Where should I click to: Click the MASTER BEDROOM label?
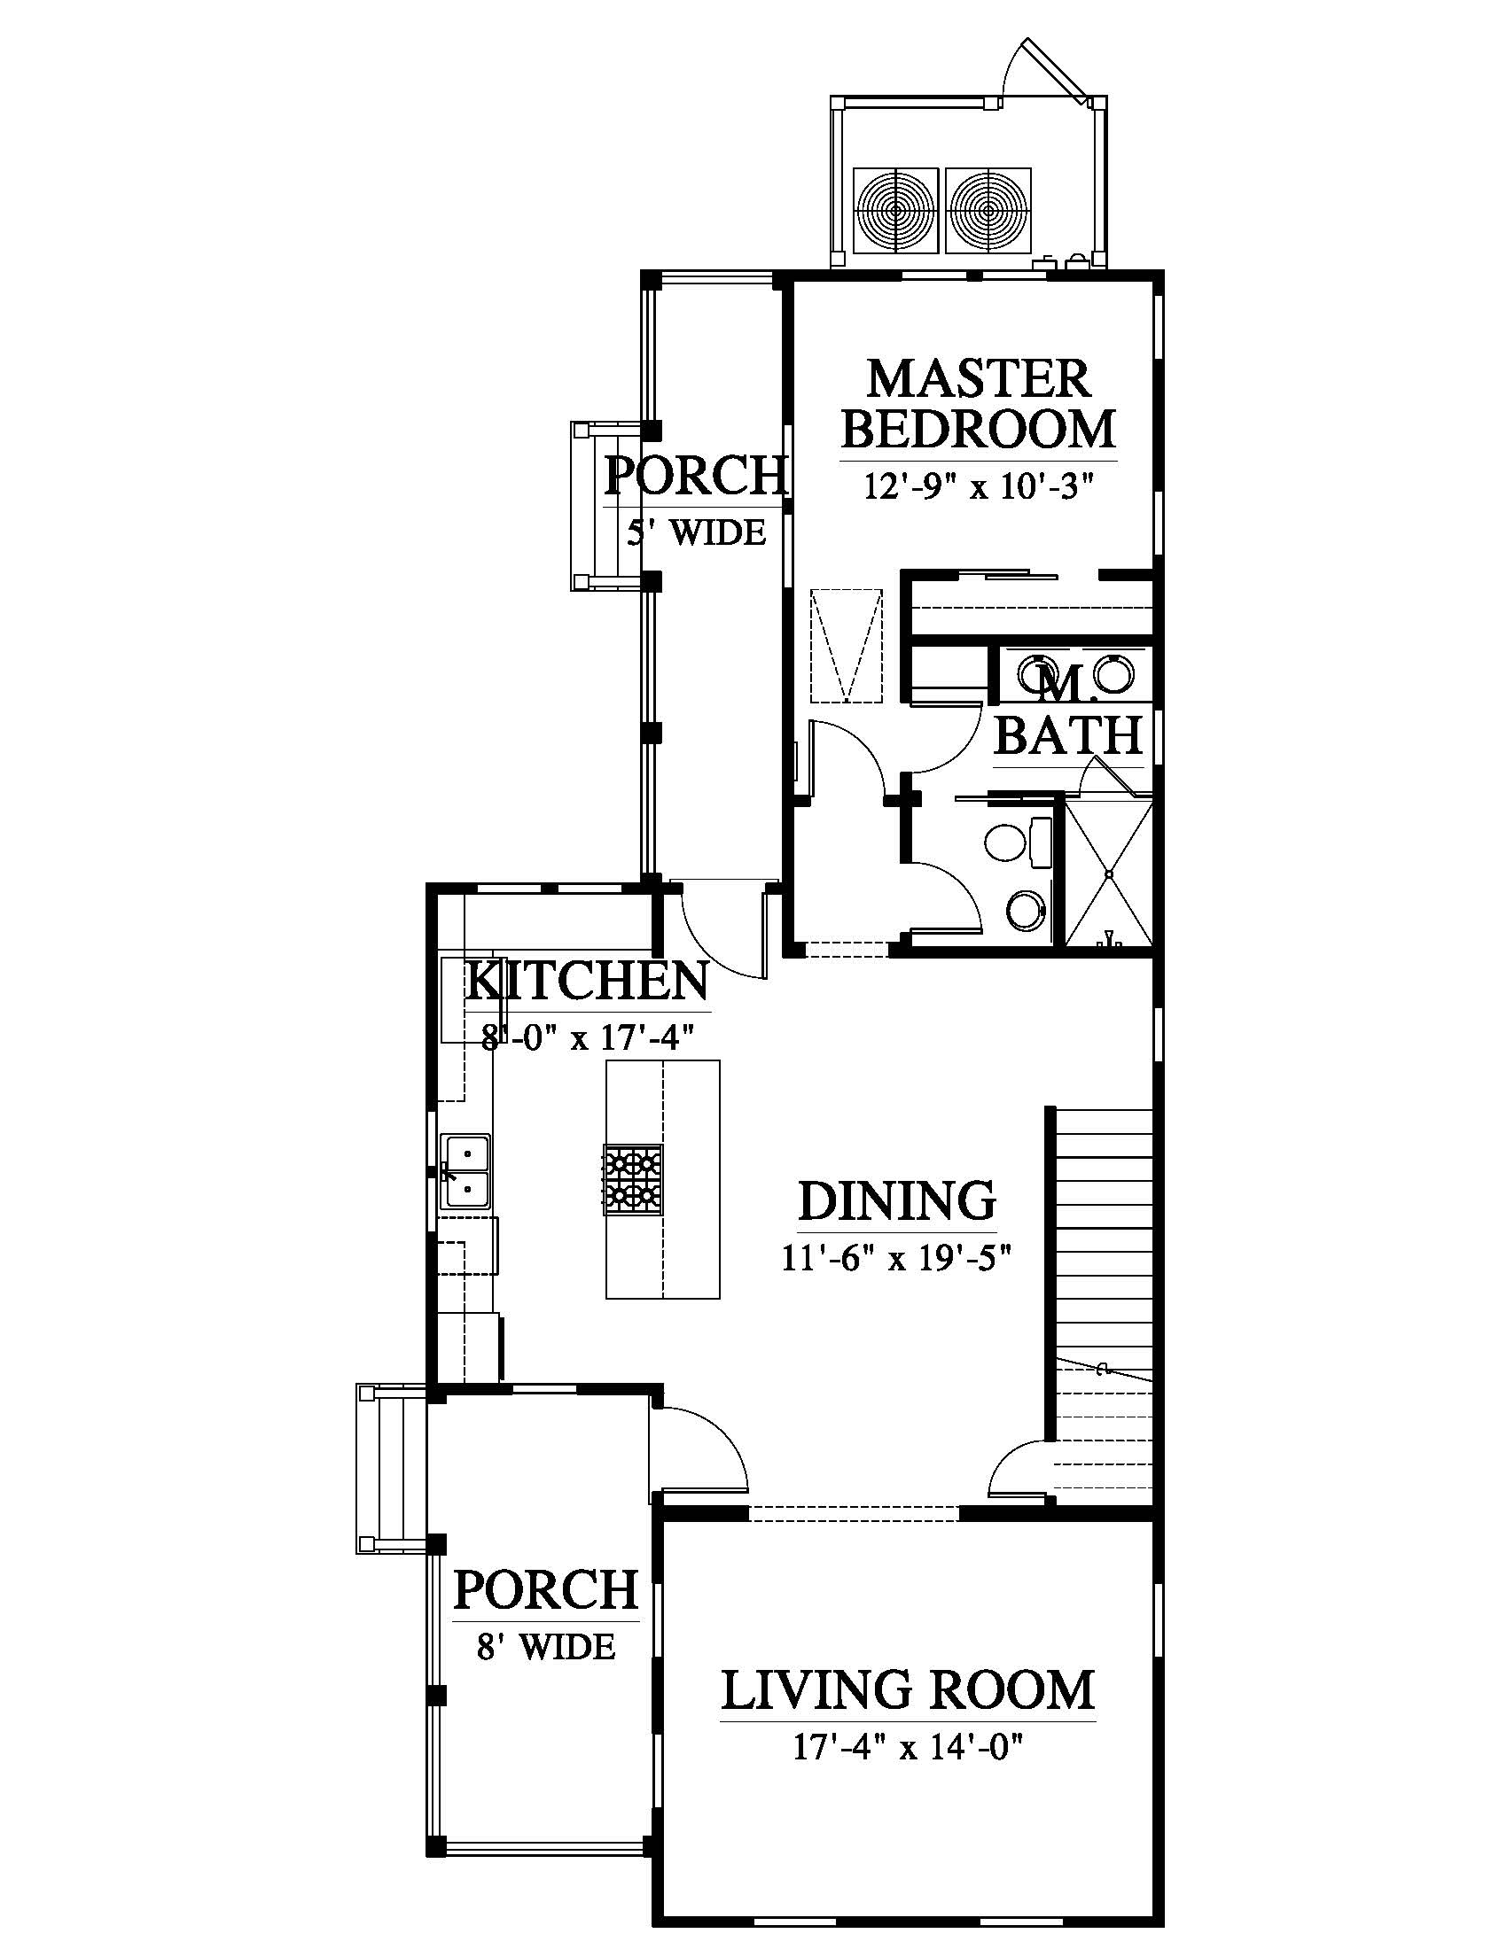(979, 404)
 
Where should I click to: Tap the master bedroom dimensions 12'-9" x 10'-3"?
(979, 488)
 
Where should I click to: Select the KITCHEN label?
(587, 981)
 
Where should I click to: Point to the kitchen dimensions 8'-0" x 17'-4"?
(588, 1039)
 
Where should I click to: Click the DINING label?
(896, 1201)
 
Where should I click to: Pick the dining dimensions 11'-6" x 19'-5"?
(896, 1258)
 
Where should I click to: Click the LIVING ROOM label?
(907, 1689)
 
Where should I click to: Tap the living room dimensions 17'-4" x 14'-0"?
(907, 1746)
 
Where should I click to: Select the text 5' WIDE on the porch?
(697, 533)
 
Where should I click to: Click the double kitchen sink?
(466, 1171)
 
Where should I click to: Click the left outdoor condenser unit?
(895, 211)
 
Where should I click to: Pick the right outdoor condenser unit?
(988, 211)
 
